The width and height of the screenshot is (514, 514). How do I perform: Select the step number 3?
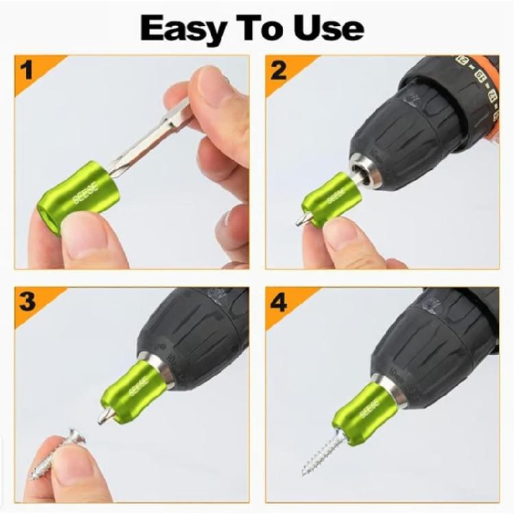28,302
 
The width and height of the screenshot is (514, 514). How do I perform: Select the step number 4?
278,302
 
